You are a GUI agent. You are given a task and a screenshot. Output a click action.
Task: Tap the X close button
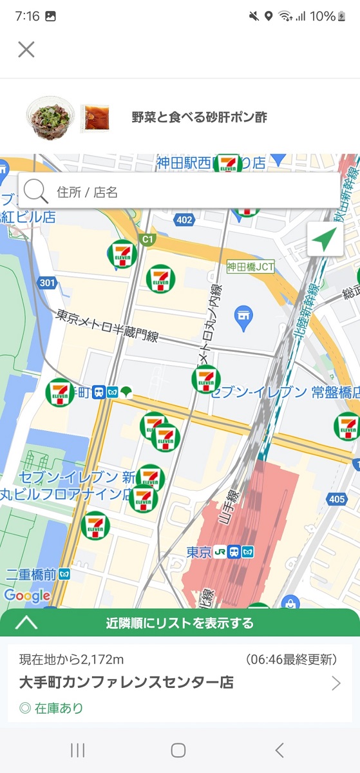26,50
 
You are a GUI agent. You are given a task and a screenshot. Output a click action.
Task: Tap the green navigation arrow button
325,240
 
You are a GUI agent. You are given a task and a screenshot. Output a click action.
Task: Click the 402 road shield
184,220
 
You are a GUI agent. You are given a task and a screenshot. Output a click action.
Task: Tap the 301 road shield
47,283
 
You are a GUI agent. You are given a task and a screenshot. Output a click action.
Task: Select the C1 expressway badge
148,240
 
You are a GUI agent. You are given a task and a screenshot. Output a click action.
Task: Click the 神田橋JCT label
251,266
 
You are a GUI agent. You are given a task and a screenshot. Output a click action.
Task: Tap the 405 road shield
337,499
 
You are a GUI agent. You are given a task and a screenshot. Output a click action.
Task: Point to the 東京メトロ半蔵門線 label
106,325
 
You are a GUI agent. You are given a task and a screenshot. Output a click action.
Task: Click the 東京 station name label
199,552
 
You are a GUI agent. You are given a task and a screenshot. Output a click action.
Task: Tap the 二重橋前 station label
30,573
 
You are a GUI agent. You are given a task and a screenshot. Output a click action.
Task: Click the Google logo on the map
27,596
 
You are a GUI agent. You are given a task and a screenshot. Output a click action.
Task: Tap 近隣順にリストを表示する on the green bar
180,623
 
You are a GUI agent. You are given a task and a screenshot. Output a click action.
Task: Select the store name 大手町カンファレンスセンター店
126,682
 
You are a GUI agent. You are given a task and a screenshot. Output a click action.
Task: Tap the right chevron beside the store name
336,683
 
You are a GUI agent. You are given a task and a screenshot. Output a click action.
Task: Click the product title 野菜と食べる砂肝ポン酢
199,117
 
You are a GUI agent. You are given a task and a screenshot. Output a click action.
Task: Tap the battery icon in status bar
342,16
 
